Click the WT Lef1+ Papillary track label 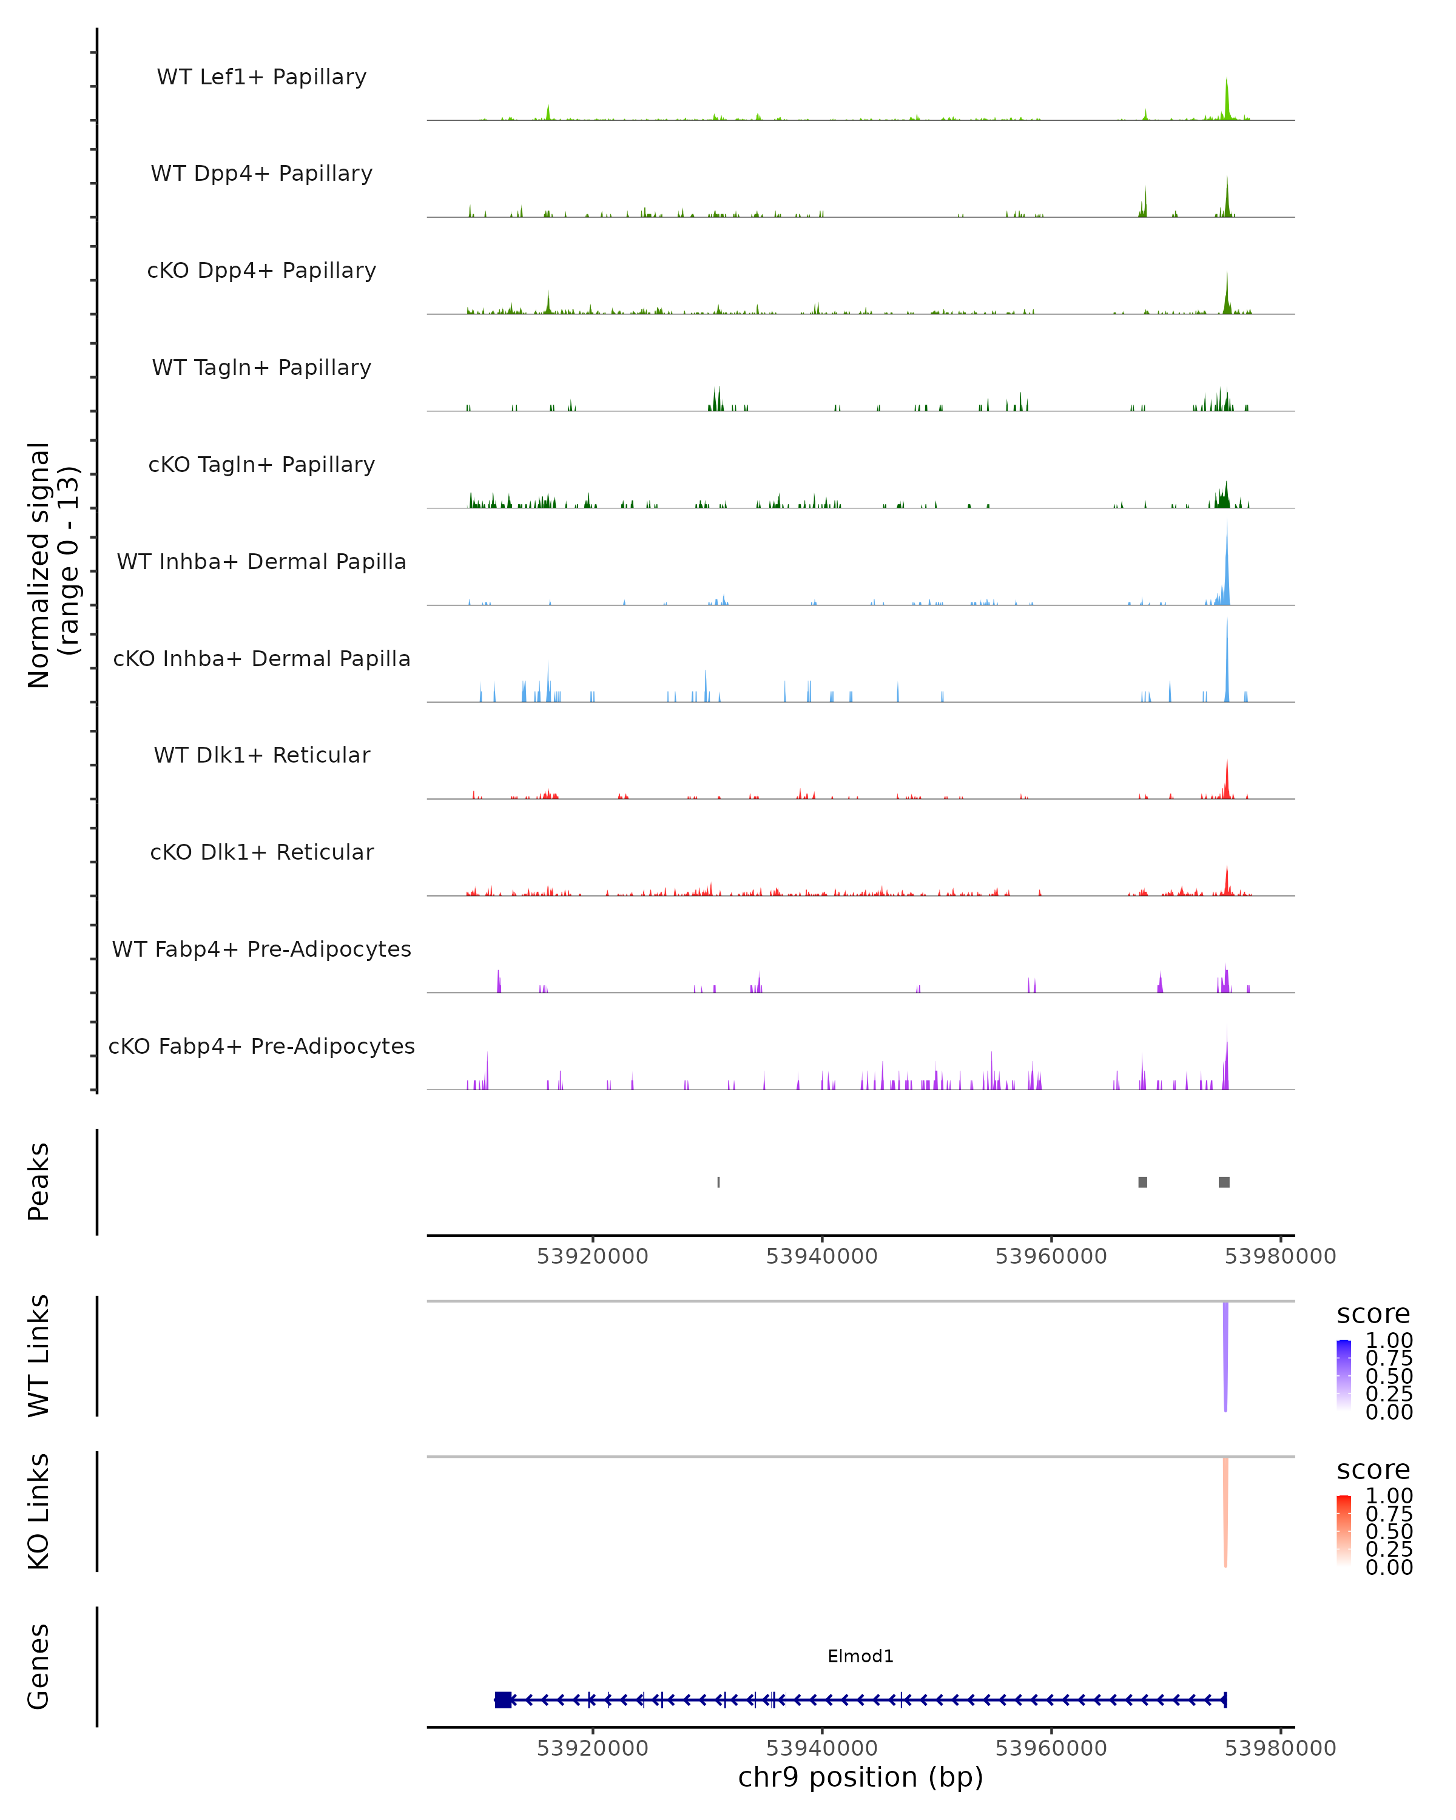pyautogui.click(x=261, y=77)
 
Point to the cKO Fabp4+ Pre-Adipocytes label pyautogui.click(x=261, y=1046)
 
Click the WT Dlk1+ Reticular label pyautogui.click(x=261, y=755)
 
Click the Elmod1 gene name pyautogui.click(x=860, y=1656)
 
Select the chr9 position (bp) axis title pyautogui.click(x=860, y=1777)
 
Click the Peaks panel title pyautogui.click(x=39, y=1181)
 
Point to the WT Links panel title pyautogui.click(x=39, y=1355)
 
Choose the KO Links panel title pyautogui.click(x=39, y=1511)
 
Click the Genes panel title pyautogui.click(x=39, y=1667)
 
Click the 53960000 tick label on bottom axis pyautogui.click(x=1051, y=1747)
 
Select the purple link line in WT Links pyautogui.click(x=1225, y=1355)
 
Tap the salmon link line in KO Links pyautogui.click(x=1225, y=1511)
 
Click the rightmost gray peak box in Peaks pyautogui.click(x=1224, y=1182)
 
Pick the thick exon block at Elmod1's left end pyautogui.click(x=503, y=1700)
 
